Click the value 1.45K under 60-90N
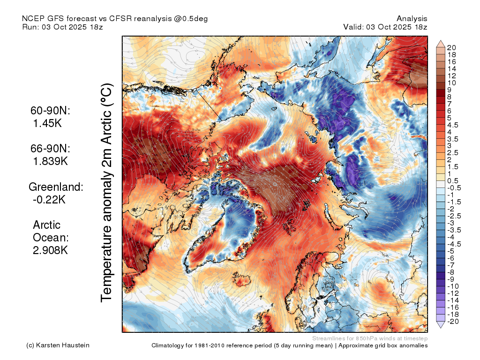[47, 123]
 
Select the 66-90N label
[50, 149]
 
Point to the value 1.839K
[50, 161]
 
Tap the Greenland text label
[56, 187]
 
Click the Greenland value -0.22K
[49, 200]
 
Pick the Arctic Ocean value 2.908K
[50, 250]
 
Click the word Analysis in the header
[412, 19]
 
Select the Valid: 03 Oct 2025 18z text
[385, 27]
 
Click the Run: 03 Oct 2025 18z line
[62, 27]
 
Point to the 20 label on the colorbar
[451, 48]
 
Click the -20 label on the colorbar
[453, 322]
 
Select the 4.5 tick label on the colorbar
[453, 125]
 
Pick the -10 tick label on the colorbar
[453, 286]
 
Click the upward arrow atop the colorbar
[441, 44]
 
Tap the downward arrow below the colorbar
[441, 325]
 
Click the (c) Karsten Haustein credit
[58, 345]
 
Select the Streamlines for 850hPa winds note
[370, 338]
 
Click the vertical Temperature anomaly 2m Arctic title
[106, 193]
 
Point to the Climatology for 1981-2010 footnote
[290, 345]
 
